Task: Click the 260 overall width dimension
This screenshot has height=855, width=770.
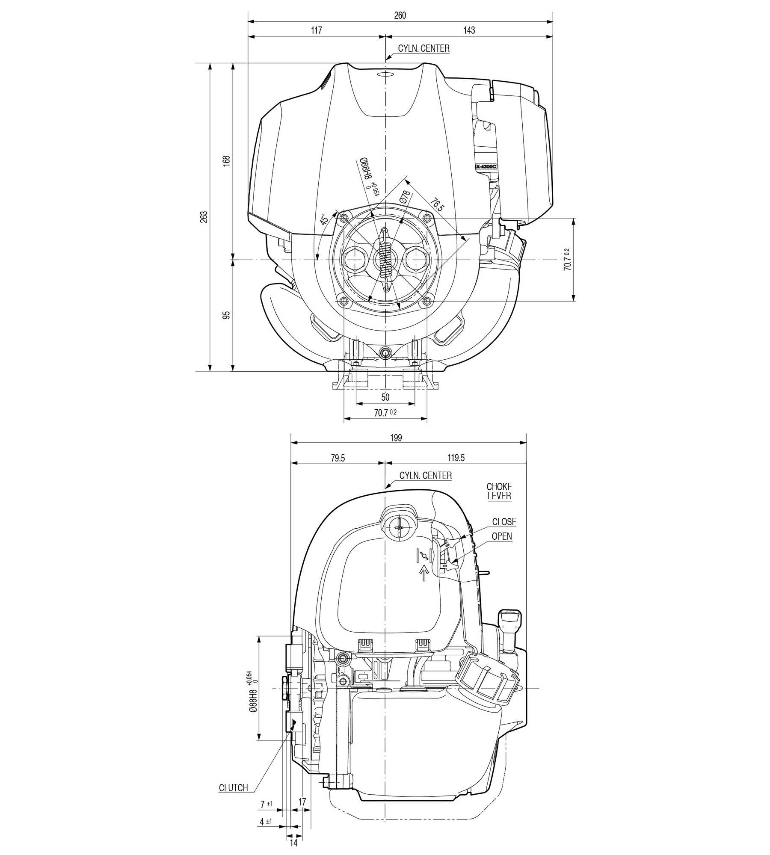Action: [400, 15]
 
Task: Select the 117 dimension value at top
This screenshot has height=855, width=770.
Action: [316, 30]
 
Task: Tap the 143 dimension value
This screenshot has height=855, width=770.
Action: [469, 30]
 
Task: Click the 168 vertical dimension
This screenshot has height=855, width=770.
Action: [227, 160]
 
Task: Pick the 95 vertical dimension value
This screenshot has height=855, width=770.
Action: [227, 315]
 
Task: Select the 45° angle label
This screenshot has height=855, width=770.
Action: [325, 219]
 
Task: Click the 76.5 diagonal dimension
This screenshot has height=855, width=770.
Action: [437, 204]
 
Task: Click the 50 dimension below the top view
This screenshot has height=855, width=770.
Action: [385, 397]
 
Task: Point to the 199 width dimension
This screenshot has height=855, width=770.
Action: [396, 438]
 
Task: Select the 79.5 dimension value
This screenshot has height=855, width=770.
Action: [338, 458]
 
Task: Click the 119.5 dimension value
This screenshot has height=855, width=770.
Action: [456, 458]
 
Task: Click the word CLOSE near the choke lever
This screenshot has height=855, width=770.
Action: [504, 522]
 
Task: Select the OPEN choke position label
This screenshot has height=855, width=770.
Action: [501, 536]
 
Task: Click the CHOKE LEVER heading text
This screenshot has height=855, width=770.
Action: [499, 491]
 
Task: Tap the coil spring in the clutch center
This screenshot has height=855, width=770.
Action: [386, 259]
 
